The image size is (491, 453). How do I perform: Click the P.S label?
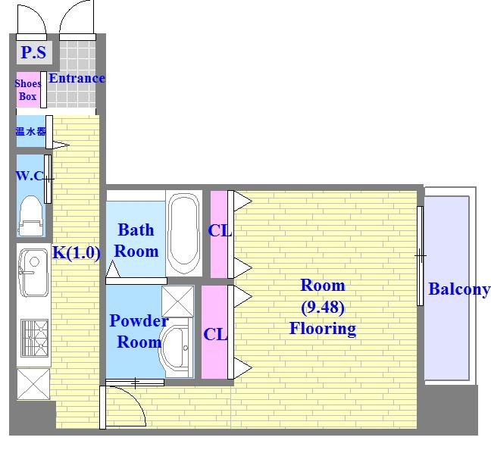pyautogui.click(x=33, y=52)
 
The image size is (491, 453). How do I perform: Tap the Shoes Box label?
pyautogui.click(x=28, y=90)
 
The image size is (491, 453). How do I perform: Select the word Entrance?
pyautogui.click(x=77, y=78)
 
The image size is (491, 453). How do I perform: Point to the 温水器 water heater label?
pyautogui.click(x=30, y=131)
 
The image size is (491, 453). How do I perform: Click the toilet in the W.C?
pyautogui.click(x=31, y=216)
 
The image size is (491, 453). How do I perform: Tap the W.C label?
pyautogui.click(x=29, y=176)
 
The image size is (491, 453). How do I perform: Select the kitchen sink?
pyautogui.click(x=33, y=273)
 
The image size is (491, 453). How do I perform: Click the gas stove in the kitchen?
pyautogui.click(x=34, y=338)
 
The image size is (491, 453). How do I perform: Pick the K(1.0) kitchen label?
pyautogui.click(x=77, y=252)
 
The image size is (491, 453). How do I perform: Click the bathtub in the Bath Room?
pyautogui.click(x=183, y=233)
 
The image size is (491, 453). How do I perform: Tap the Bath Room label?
pyautogui.click(x=136, y=240)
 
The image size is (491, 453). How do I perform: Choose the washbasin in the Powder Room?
pyautogui.click(x=175, y=348)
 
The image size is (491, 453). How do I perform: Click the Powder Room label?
pyautogui.click(x=139, y=331)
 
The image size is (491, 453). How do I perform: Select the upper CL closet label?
pyautogui.click(x=220, y=231)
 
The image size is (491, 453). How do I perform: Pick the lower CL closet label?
pyautogui.click(x=215, y=334)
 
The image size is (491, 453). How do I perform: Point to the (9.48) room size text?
pyautogui.click(x=323, y=308)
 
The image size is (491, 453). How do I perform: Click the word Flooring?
pyautogui.click(x=323, y=329)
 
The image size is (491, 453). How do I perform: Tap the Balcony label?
pyautogui.click(x=459, y=289)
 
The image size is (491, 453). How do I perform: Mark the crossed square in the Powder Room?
pyautogui.click(x=177, y=301)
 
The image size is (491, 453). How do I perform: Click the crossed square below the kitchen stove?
pyautogui.click(x=33, y=384)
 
